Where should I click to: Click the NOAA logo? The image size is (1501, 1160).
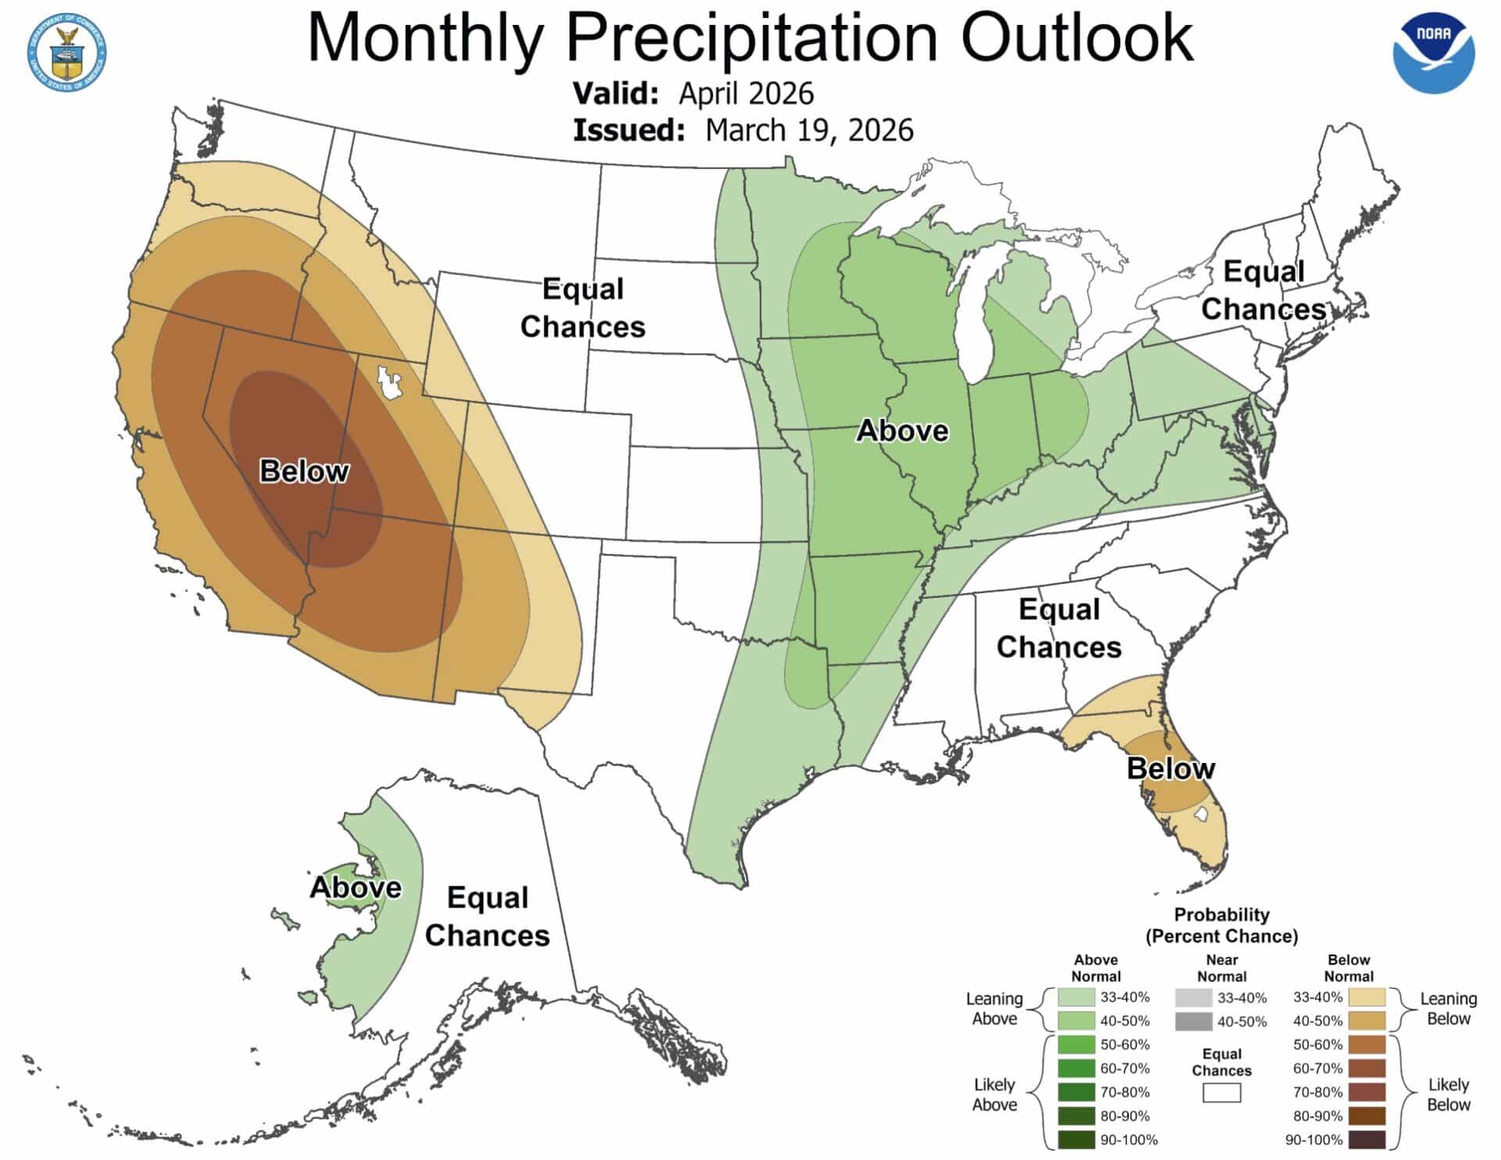(x=1434, y=53)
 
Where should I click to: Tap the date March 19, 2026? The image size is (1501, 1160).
(x=808, y=130)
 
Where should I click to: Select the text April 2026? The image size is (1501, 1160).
(x=746, y=93)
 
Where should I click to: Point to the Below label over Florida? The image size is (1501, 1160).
(x=1170, y=768)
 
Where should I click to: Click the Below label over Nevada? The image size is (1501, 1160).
(x=303, y=471)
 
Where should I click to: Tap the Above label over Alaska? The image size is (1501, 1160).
(x=356, y=887)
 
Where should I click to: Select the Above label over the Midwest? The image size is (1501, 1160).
(x=902, y=431)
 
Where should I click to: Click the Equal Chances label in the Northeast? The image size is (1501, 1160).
(x=1263, y=290)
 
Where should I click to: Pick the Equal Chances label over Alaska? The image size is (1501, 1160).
(x=487, y=916)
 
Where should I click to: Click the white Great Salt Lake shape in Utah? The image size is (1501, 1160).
(x=388, y=381)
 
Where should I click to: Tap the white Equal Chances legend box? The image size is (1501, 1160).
(x=1221, y=1092)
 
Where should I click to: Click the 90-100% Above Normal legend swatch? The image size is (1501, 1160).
(x=1076, y=1140)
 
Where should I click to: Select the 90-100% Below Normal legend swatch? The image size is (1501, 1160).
(x=1367, y=1140)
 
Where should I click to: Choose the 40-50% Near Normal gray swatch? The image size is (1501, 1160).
(x=1193, y=1021)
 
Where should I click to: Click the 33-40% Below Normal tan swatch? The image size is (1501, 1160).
(x=1367, y=997)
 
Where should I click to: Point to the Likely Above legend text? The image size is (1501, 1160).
(x=994, y=1094)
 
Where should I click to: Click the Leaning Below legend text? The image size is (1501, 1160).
(x=1448, y=1008)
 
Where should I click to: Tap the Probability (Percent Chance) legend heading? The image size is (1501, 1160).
(x=1221, y=925)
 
